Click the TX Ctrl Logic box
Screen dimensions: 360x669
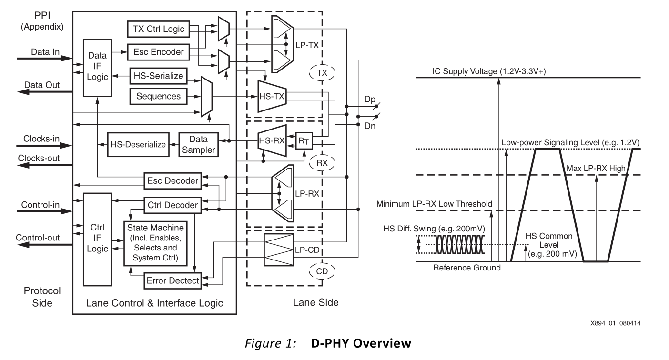coord(158,30)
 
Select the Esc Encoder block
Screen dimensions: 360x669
coord(158,52)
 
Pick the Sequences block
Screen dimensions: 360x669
coord(158,96)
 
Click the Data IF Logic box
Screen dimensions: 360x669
coord(97,68)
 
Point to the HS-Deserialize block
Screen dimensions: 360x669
coord(138,144)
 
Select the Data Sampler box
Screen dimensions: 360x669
coord(198,144)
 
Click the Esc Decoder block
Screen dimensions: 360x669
coord(172,180)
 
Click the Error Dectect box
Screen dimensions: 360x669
coord(172,280)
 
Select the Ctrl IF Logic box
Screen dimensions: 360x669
coord(97,239)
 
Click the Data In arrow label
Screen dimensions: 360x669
coord(42,50)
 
